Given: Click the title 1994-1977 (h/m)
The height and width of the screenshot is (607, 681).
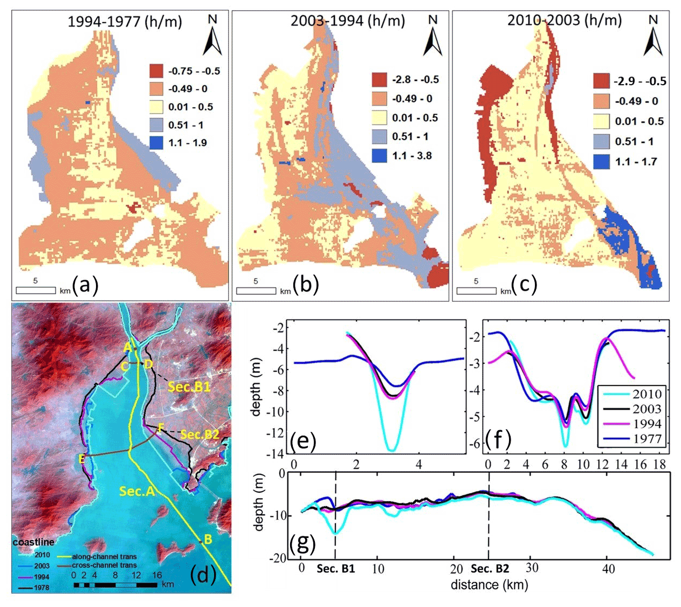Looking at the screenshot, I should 125,22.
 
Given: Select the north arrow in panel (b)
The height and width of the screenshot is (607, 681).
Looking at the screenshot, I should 432,36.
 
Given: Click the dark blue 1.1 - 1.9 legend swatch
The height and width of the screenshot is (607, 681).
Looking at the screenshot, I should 156,143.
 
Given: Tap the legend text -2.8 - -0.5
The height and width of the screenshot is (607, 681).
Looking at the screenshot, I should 415,80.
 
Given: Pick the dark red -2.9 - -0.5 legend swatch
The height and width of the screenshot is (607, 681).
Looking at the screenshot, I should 601,81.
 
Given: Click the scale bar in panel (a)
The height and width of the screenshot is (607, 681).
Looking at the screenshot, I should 36,291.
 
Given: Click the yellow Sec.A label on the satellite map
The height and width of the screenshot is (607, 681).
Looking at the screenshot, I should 137,491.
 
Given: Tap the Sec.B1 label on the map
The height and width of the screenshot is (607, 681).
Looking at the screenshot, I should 189,387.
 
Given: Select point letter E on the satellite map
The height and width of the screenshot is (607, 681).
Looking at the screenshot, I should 82,459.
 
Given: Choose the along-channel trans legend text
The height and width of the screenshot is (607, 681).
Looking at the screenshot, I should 104,556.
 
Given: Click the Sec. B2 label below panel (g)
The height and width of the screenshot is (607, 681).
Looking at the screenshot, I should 490,569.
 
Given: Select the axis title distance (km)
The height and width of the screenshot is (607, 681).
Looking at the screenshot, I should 489,584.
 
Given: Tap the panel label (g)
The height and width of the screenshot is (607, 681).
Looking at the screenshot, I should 302,543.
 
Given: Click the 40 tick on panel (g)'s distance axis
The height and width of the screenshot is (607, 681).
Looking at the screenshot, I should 608,569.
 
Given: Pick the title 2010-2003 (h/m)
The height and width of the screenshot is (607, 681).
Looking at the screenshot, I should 564,20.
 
